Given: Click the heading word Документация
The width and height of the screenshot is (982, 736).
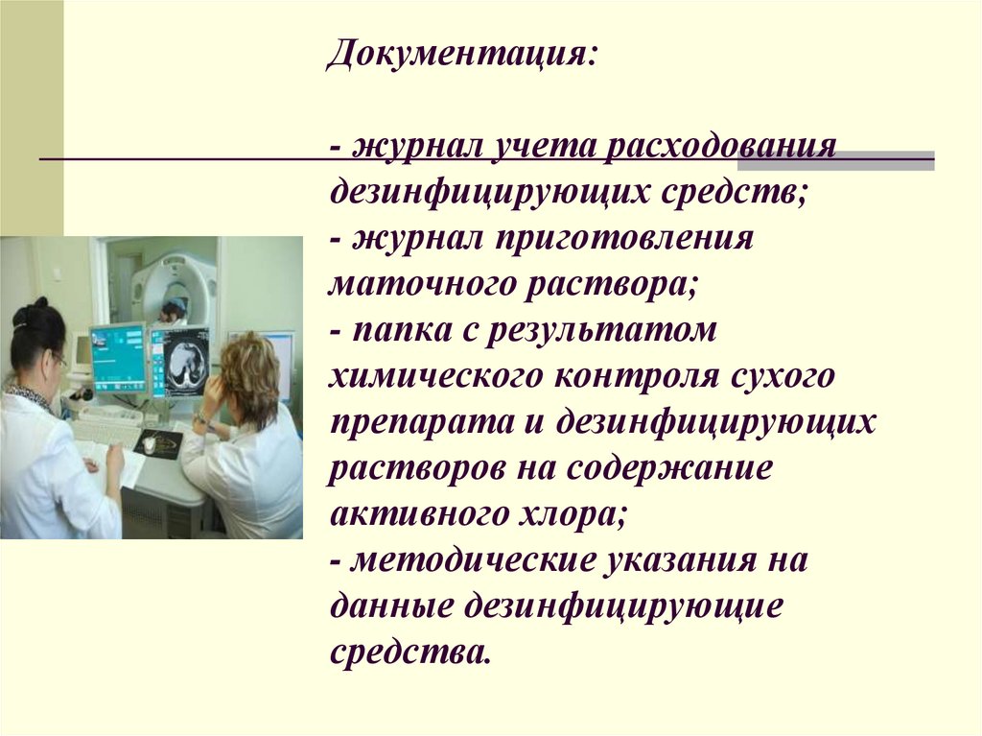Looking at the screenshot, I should (460, 55).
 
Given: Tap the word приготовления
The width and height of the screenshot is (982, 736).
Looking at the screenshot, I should (623, 239).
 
